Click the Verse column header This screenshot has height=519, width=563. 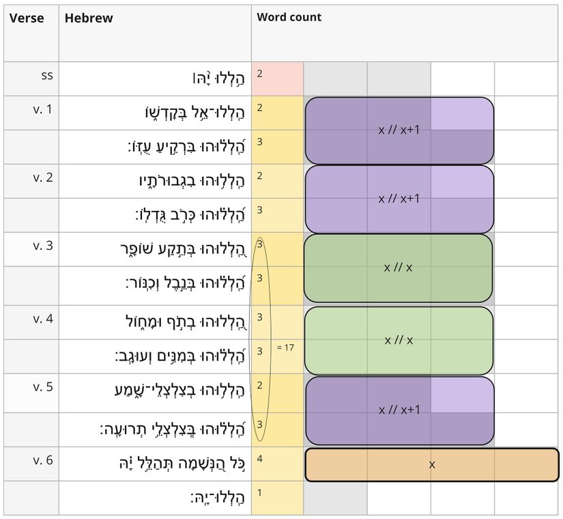click(27, 18)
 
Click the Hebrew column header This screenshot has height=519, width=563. click(89, 18)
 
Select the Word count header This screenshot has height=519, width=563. click(289, 17)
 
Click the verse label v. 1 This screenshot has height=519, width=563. click(42, 109)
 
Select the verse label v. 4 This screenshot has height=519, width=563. click(42, 318)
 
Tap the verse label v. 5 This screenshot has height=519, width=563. click(42, 387)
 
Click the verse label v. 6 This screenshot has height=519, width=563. click(42, 460)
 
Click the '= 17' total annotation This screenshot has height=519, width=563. click(285, 348)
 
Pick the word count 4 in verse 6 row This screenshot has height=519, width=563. click(260, 458)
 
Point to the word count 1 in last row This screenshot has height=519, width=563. click(260, 492)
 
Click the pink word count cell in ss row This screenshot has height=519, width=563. click(277, 79)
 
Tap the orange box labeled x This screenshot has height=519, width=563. click(432, 464)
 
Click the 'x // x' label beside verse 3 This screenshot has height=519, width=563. click(398, 268)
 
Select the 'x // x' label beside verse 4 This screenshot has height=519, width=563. click(398, 340)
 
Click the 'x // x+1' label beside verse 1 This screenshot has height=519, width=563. click(399, 130)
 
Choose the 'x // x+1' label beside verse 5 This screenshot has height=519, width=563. click(399, 410)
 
